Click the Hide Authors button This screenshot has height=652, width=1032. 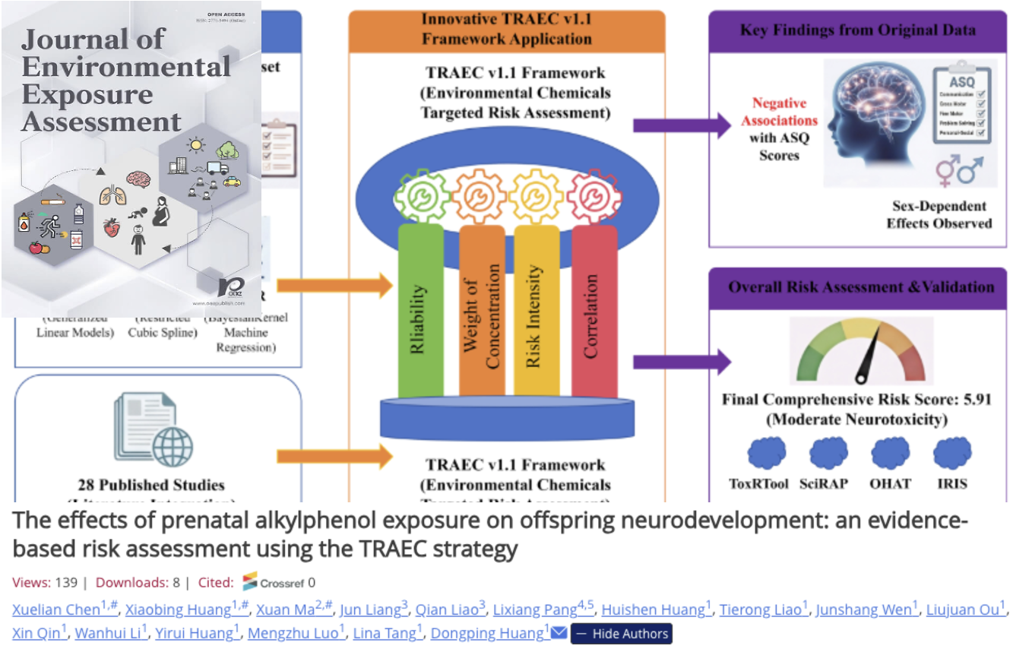pos(621,633)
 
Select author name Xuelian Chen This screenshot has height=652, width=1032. pos(56,609)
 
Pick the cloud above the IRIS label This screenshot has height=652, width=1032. pos(952,454)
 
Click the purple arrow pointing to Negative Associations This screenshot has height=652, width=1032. pos(680,125)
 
